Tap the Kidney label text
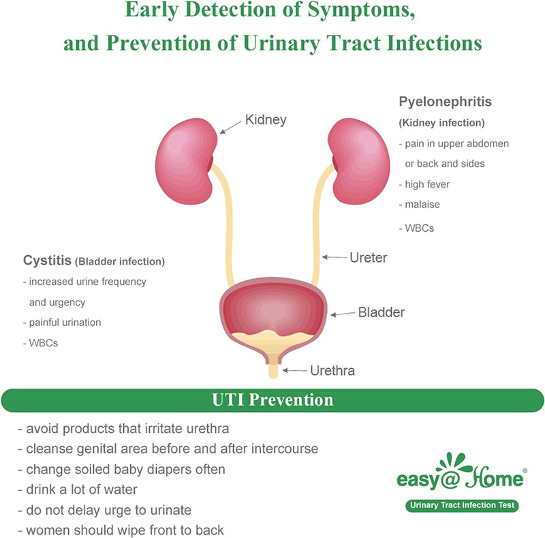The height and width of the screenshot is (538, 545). point(266,120)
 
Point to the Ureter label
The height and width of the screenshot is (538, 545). point(368,258)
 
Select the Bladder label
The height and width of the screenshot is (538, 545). point(381,313)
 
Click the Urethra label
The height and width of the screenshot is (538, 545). point(332,371)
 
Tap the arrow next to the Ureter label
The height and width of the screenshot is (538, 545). point(334,258)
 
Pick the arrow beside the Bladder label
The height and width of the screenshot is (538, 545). point(344,314)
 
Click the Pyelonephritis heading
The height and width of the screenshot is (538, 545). point(445,102)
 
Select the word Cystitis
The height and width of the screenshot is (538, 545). point(47,260)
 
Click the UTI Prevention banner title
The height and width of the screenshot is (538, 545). point(272,400)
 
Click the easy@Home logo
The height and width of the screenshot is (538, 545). point(461,477)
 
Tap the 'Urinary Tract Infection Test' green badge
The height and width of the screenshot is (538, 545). point(461,505)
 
